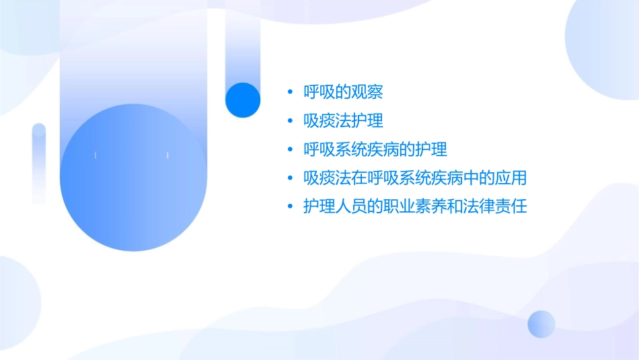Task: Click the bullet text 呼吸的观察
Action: [x=343, y=92]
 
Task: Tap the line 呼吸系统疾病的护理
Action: [x=375, y=149]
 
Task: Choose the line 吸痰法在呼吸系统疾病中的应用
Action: [x=414, y=178]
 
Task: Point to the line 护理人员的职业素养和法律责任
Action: [x=414, y=207]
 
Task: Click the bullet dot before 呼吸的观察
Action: [x=289, y=92]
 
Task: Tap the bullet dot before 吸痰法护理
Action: [x=289, y=121]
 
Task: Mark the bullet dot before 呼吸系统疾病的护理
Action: [x=289, y=149]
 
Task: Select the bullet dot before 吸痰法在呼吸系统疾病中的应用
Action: [x=289, y=178]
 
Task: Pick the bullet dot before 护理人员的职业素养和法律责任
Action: [x=289, y=207]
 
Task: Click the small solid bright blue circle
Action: [x=243, y=100]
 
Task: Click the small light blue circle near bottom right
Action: [x=541, y=324]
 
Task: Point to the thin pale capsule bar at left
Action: [x=39, y=164]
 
